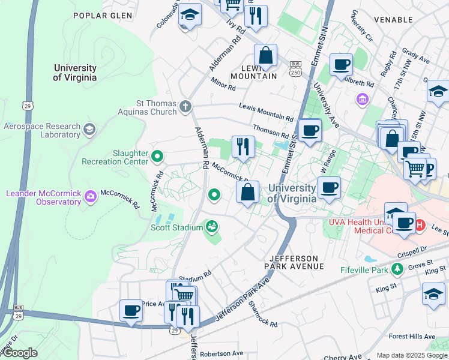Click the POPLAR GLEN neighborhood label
point(100,15)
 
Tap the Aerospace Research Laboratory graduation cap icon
point(89,130)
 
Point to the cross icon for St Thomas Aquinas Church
point(185,107)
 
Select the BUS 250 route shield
point(295,68)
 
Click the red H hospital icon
point(420,225)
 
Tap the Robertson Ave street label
point(221,354)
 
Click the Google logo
point(20,353)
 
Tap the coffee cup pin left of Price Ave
point(131,311)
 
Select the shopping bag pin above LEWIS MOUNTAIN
point(265,56)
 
